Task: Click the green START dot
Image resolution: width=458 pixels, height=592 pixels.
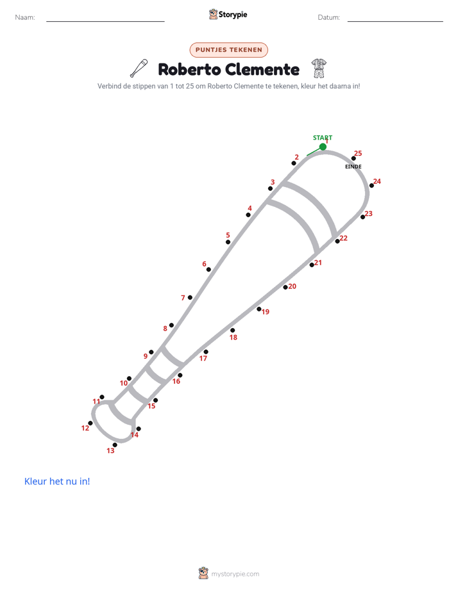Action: click(323, 147)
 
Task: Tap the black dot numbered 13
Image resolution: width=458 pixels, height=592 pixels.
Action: click(115, 445)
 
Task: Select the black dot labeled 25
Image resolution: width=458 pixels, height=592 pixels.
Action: click(353, 159)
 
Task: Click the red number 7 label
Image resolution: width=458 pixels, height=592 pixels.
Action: click(183, 298)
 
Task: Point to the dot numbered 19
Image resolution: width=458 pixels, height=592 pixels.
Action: click(259, 309)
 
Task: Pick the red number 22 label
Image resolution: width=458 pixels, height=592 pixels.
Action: click(344, 238)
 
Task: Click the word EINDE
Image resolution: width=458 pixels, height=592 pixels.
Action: click(353, 167)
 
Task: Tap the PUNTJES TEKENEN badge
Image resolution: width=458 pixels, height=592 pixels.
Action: click(228, 50)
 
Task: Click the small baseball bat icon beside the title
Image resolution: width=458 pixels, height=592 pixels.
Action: click(139, 69)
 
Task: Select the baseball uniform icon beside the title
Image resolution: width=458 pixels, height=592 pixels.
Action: click(319, 69)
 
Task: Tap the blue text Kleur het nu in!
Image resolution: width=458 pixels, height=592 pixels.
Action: click(57, 481)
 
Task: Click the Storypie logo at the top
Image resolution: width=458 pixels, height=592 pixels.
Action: click(228, 14)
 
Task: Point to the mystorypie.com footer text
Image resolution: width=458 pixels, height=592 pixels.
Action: click(235, 574)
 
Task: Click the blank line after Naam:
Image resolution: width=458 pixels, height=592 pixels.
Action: click(105, 21)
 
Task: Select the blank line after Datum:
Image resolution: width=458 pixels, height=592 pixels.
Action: click(395, 21)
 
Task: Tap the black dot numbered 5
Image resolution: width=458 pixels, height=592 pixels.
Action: click(228, 242)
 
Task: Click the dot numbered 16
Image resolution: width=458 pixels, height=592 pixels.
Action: click(180, 375)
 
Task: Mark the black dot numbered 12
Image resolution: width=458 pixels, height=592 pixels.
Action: click(90, 423)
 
